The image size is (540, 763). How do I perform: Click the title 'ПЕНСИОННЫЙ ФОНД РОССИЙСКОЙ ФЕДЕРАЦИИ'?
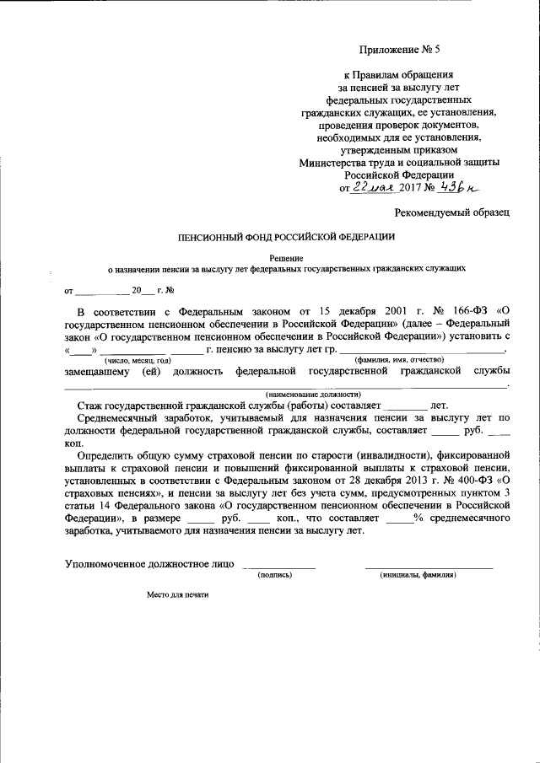pyautogui.click(x=286, y=238)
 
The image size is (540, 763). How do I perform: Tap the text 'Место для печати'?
pyautogui.click(x=177, y=594)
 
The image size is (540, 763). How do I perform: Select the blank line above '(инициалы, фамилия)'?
pyautogui.click(x=429, y=566)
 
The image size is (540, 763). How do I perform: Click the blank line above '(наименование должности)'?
pyautogui.click(x=287, y=385)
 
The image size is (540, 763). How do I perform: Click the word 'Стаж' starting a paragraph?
pyautogui.click(x=89, y=405)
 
